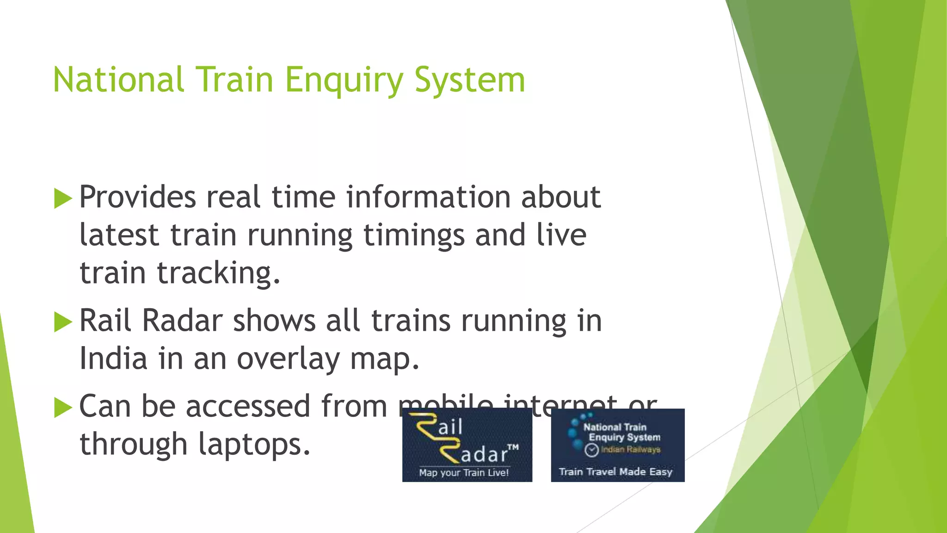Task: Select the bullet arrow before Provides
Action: [x=63, y=198]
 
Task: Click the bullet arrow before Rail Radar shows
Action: [x=63, y=322]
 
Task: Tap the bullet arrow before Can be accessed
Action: [x=63, y=408]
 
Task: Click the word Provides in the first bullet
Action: [x=137, y=198]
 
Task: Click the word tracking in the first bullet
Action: [x=218, y=273]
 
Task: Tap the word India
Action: [x=113, y=359]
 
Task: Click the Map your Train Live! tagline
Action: [x=464, y=473]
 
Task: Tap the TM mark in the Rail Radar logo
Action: [x=513, y=447]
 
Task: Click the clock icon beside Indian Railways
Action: [x=591, y=450]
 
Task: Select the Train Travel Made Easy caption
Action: [x=615, y=472]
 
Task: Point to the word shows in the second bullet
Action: [x=274, y=321]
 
